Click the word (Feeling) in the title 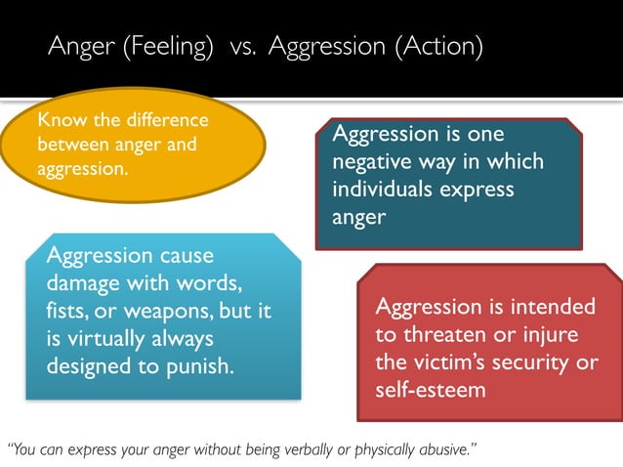point(168,48)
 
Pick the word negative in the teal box point(374,161)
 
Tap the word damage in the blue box point(85,283)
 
